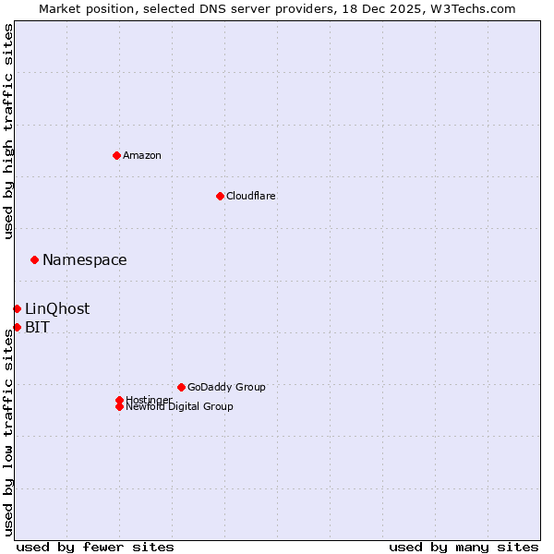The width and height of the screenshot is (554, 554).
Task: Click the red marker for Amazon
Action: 116,155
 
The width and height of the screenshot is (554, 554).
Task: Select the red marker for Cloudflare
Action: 220,196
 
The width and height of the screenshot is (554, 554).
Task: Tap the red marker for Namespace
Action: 34,259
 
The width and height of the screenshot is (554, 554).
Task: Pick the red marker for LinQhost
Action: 17,308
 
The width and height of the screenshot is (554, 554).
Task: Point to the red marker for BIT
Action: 17,327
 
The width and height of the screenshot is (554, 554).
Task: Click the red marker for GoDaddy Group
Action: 181,387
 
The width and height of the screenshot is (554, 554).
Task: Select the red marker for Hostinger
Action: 119,400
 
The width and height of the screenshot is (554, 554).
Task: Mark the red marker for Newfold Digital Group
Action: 119,406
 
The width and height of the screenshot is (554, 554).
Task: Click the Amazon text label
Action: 142,155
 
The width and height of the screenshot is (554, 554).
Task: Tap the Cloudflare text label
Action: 250,196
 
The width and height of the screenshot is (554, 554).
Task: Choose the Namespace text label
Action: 85,259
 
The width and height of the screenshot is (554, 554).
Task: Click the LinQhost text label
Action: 57,308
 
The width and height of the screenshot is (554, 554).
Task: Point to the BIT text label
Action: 37,327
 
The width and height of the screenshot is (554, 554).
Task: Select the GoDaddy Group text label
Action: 226,387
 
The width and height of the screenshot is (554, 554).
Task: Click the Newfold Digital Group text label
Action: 179,406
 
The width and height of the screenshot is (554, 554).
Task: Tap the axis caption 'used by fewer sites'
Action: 95,547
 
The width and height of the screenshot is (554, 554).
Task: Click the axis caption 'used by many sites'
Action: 464,547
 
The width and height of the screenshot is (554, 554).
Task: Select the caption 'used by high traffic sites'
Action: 8,131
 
